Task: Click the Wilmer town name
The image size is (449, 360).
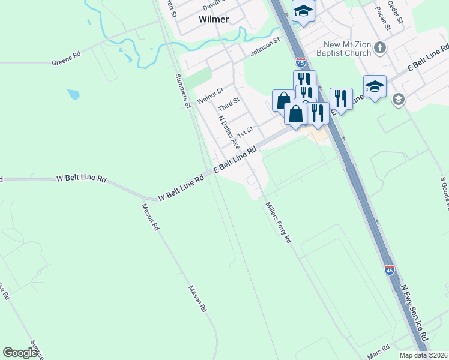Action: (214, 19)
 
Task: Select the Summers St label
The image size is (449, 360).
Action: (182, 91)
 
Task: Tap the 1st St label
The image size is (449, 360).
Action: (246, 131)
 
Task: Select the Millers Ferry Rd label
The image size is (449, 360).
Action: (279, 222)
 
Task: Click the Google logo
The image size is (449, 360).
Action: (20, 353)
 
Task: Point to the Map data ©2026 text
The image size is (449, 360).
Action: (424, 355)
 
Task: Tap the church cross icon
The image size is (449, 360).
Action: (379, 46)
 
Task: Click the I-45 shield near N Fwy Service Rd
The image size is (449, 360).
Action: (390, 271)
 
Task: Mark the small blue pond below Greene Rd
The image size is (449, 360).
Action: (73, 94)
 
